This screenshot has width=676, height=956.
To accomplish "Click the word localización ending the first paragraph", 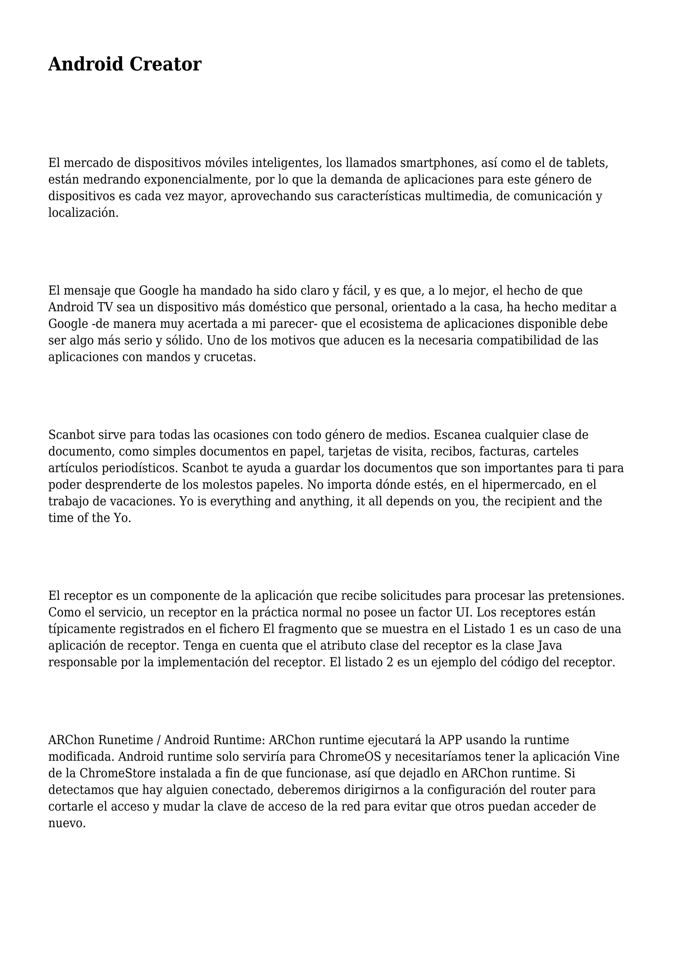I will (83, 213).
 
